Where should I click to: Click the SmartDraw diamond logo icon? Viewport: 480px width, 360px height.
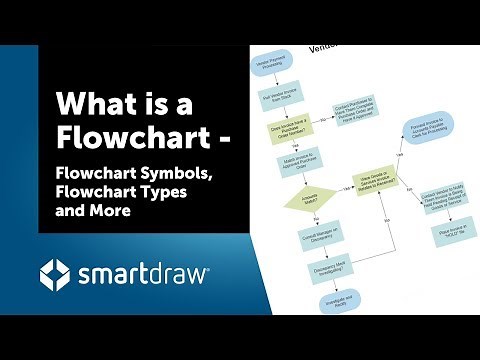click(x=56, y=273)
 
